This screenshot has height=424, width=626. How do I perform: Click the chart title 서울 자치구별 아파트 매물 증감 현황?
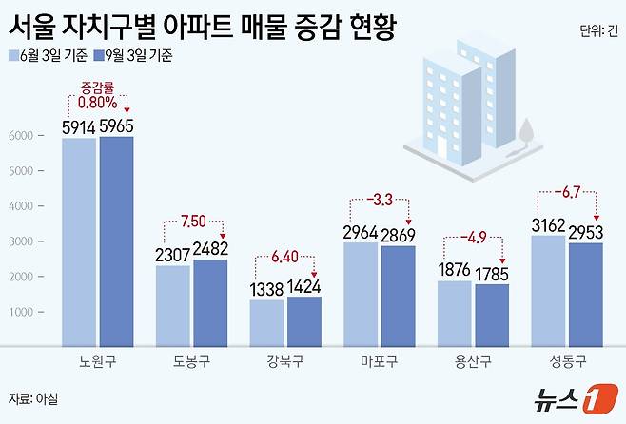click(202, 24)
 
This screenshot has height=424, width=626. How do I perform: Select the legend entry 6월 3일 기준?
click(48, 55)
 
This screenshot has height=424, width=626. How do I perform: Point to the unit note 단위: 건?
click(597, 30)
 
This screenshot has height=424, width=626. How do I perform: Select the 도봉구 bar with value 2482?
click(210, 302)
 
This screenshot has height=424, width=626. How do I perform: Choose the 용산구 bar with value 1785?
click(492, 315)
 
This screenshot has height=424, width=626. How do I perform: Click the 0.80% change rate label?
click(99, 103)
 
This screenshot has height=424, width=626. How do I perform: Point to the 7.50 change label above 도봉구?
click(192, 222)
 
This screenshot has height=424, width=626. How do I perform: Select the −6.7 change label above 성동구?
click(568, 194)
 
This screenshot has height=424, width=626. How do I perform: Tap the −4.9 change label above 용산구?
click(475, 238)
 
